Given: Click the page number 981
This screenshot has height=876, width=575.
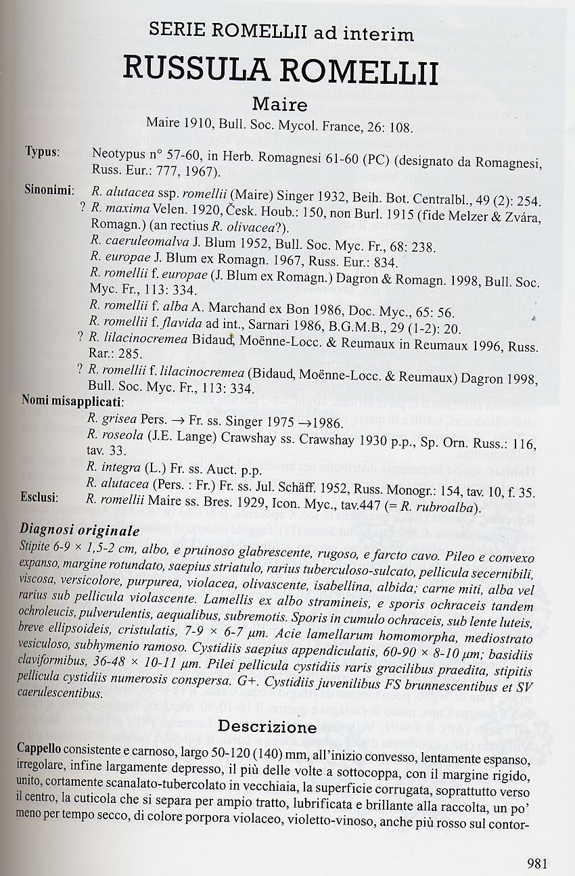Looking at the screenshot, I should coord(536,862).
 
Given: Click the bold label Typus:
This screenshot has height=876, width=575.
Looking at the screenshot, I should coord(43,152).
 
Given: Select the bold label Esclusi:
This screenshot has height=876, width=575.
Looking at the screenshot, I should coord(42,498).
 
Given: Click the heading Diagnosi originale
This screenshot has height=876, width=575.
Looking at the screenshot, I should coord(80,530).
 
